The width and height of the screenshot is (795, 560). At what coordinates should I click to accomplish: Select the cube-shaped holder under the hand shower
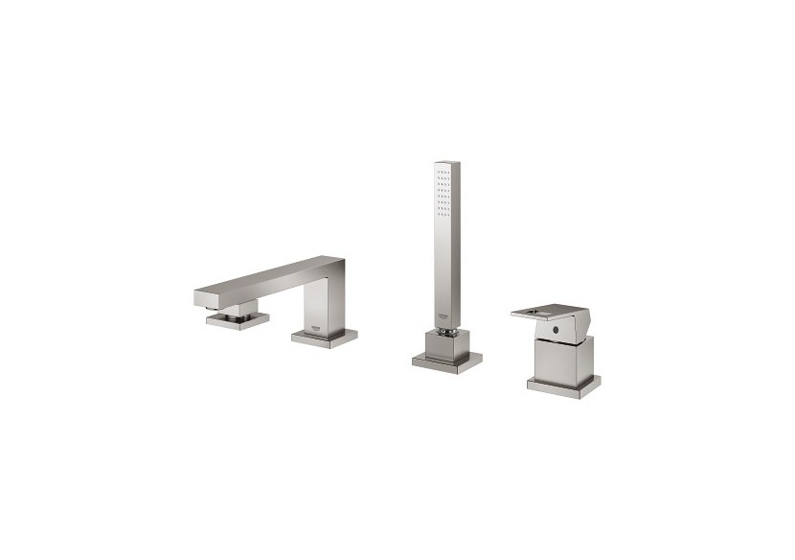(447, 345)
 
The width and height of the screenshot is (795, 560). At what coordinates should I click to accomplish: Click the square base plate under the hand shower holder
(447, 362)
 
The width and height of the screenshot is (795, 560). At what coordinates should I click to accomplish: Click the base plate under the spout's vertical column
(325, 337)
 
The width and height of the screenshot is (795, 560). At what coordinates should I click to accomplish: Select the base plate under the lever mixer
(563, 385)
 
